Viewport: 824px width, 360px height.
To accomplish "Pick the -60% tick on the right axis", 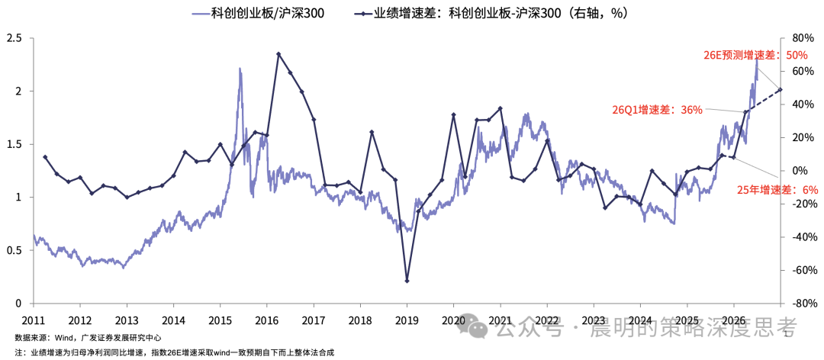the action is pyautogui.click(x=800, y=271).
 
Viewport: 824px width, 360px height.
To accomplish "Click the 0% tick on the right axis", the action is pyautogui.click(x=799, y=171).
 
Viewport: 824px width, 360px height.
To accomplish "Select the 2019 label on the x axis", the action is pyautogui.click(x=407, y=319).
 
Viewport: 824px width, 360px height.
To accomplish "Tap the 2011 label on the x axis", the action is pyautogui.click(x=34, y=319).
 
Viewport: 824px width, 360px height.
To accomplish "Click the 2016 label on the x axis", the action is pyautogui.click(x=267, y=319).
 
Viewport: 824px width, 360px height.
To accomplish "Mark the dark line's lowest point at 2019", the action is pyautogui.click(x=407, y=281).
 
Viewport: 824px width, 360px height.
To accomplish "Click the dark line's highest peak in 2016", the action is pyautogui.click(x=278, y=53).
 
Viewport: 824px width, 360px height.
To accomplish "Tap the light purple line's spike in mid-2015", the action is pyautogui.click(x=240, y=69).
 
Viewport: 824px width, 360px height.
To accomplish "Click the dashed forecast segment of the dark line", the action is pyautogui.click(x=763, y=101).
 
